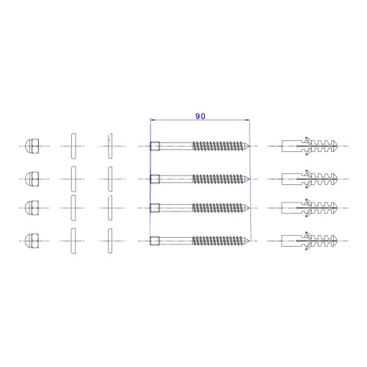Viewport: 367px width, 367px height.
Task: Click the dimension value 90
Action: coord(200,116)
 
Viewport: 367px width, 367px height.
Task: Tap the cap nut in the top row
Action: coord(32,146)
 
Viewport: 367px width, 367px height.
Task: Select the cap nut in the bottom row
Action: coord(32,241)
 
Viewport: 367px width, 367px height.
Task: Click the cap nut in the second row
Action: coord(32,179)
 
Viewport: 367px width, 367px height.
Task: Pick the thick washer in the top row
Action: coord(73,146)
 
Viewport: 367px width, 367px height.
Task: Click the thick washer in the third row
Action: coord(73,208)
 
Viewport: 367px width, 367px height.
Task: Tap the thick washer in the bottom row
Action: coord(73,241)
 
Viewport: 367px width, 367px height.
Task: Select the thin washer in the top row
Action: coord(110,146)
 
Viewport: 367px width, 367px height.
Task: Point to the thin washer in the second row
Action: coord(110,179)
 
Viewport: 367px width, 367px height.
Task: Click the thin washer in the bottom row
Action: coord(110,241)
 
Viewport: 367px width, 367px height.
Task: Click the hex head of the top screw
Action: coord(155,146)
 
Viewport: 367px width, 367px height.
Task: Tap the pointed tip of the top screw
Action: coord(249,146)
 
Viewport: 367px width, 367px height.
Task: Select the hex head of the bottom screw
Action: coord(155,241)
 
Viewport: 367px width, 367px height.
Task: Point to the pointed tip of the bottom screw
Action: coord(249,241)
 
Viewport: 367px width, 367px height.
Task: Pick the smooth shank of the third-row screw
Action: coord(176,208)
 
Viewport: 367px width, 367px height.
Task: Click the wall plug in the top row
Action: coord(310,146)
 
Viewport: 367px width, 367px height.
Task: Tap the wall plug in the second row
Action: coord(310,179)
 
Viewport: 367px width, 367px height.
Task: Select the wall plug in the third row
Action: coord(310,208)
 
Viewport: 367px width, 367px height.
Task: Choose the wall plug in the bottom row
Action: coord(310,241)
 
